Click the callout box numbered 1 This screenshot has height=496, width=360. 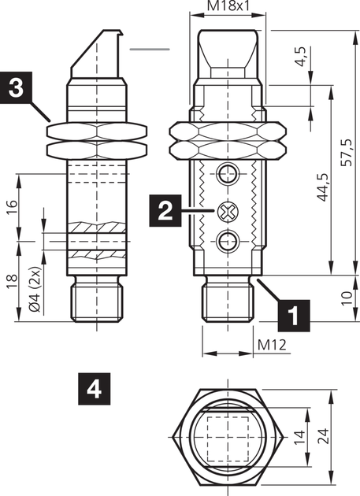(x=294, y=315)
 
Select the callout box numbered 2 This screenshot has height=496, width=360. (x=165, y=211)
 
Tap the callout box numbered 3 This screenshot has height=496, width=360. (x=16, y=87)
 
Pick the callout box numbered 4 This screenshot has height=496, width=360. (x=95, y=389)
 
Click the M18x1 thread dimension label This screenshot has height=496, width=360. (x=228, y=6)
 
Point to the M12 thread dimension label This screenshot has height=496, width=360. (x=272, y=345)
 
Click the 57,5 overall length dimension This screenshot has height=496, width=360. (x=347, y=153)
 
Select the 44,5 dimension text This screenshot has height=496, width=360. (x=323, y=187)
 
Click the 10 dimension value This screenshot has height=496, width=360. (x=347, y=298)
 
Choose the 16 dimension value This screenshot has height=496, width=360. (x=12, y=207)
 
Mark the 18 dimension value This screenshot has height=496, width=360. (x=12, y=283)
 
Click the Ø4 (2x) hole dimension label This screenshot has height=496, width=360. (x=35, y=289)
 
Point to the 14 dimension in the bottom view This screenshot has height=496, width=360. (x=299, y=437)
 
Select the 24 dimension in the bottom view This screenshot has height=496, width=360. (x=323, y=437)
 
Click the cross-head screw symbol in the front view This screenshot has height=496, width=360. (x=228, y=211)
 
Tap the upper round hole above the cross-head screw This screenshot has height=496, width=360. (x=228, y=173)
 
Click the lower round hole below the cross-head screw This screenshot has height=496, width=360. (x=228, y=242)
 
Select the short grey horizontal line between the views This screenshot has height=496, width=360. (x=150, y=50)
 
